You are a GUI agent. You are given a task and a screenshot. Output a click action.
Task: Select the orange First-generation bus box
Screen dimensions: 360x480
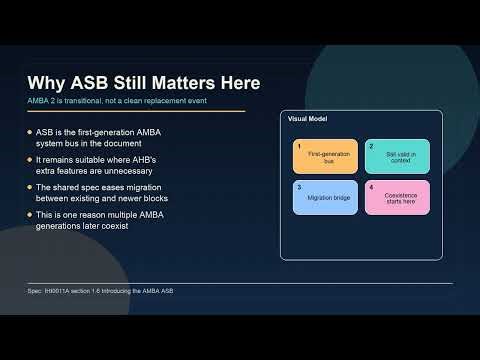[325, 157]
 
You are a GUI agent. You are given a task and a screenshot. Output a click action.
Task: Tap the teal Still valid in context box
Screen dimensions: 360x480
[397, 157]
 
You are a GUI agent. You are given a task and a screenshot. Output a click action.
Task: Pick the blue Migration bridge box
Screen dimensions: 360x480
[325, 197]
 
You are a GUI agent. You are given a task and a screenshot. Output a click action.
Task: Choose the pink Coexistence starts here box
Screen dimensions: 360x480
[397, 197]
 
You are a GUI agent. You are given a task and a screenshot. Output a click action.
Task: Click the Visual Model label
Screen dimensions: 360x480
[307, 119]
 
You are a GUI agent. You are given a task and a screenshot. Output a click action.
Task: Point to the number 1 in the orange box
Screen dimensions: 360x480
[298, 146]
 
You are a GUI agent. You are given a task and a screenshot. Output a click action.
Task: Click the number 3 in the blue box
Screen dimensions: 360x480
[298, 187]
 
